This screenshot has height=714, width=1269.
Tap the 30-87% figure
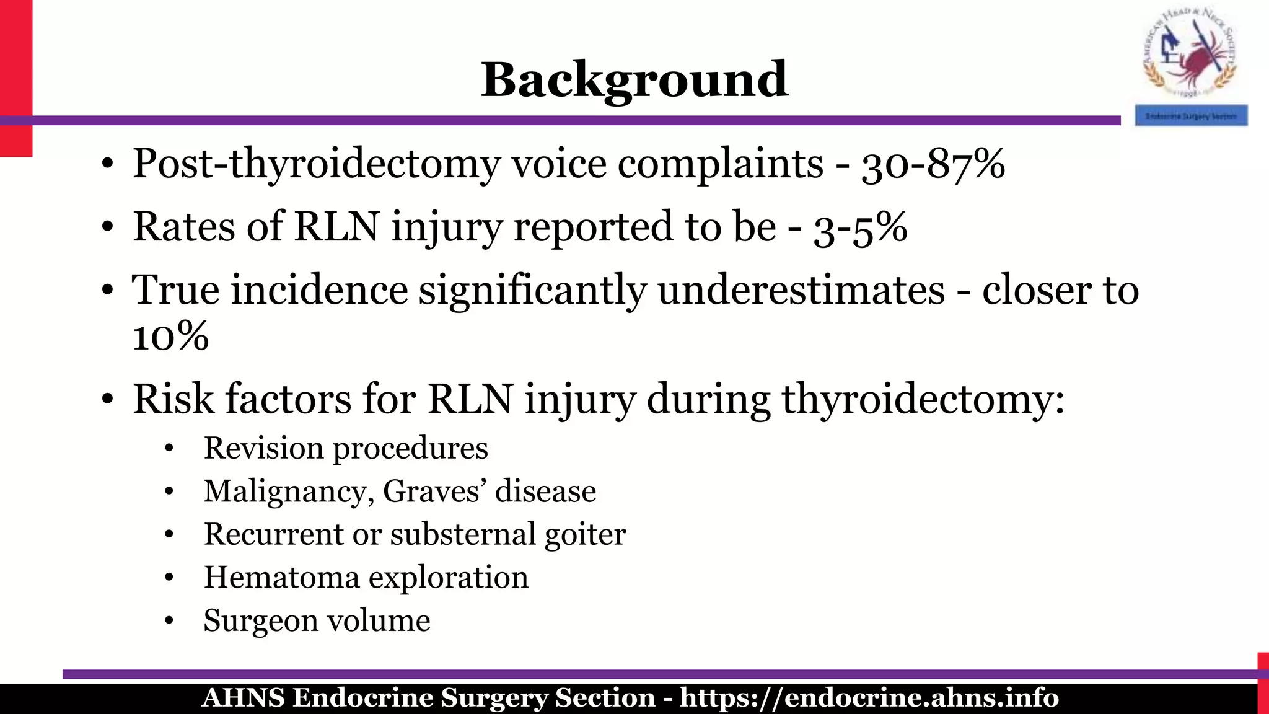pyautogui.click(x=933, y=165)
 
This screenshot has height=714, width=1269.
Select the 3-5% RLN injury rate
pyautogui.click(x=860, y=228)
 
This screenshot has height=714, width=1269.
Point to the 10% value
pyautogui.click(x=170, y=337)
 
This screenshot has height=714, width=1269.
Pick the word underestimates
pyautogui.click(x=801, y=290)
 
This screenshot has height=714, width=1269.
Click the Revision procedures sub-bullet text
pyautogui.click(x=346, y=448)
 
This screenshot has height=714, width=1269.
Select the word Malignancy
pyautogui.click(x=288, y=491)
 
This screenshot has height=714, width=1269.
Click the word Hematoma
pyautogui.click(x=281, y=578)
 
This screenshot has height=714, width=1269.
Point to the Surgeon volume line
pyautogui.click(x=317, y=620)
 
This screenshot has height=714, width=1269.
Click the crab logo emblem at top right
pyautogui.click(x=1190, y=56)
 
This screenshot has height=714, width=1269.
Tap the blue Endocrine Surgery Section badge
pyautogui.click(x=1191, y=116)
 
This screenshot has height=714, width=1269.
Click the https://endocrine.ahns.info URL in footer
pyautogui.click(x=869, y=698)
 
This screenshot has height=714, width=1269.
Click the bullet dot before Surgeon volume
pyautogui.click(x=169, y=621)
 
